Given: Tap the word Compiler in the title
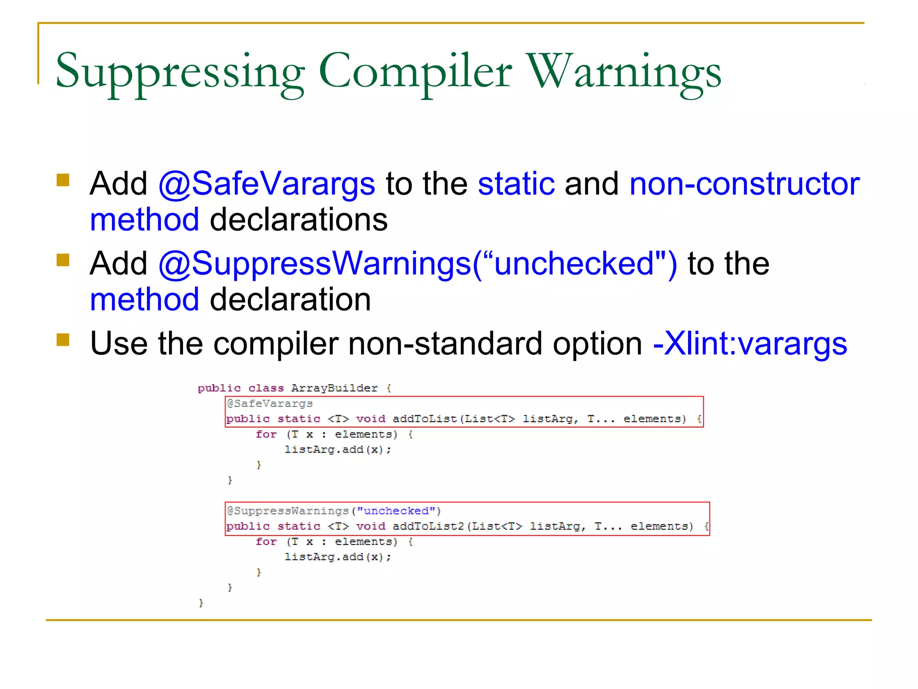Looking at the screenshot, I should tap(415, 72).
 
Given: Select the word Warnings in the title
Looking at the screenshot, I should tap(624, 72).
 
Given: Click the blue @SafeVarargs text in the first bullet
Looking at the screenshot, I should tap(267, 184).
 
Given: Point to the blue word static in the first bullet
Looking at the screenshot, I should tap(516, 184).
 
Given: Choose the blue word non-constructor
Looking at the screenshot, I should tap(744, 184).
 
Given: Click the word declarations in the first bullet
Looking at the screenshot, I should tap(299, 220).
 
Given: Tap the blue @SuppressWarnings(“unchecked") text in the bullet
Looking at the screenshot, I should tap(417, 263).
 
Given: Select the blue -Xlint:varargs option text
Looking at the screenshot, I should tap(750, 344).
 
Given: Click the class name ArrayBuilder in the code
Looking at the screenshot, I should tap(334, 388).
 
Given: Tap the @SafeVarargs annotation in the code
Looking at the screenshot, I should tap(270, 403).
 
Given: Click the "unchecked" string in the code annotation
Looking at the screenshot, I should tap(396, 511).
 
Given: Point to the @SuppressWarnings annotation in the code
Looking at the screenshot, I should tap(288, 511).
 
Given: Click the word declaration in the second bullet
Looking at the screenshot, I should tap(290, 300).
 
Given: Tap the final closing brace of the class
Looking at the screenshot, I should tap(201, 603).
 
